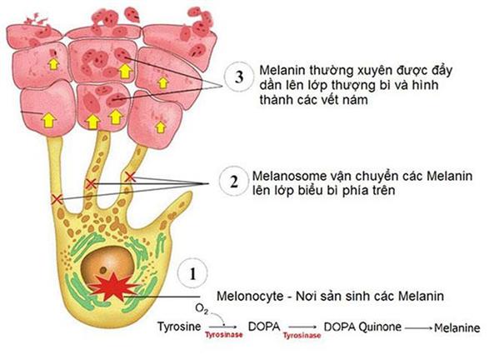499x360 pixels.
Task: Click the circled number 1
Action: (192, 273)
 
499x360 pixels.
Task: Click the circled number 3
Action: (239, 78)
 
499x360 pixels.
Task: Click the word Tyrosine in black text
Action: (179, 327)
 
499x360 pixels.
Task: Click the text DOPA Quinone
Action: (359, 326)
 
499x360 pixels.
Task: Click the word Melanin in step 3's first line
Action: (283, 70)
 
